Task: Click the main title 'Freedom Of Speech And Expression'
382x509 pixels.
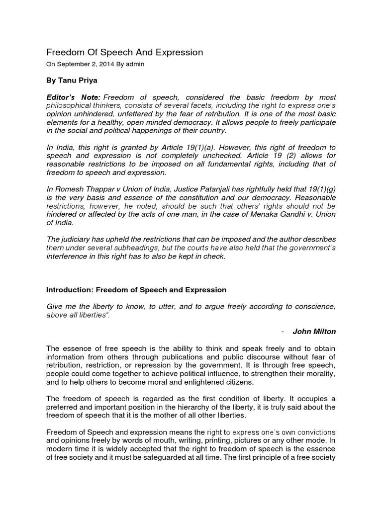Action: [124, 52]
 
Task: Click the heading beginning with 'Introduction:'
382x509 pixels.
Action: [136, 290]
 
